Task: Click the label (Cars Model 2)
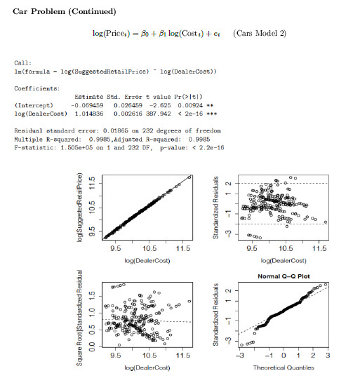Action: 260,34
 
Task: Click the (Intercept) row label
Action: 29,106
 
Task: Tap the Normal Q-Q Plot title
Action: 286,275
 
